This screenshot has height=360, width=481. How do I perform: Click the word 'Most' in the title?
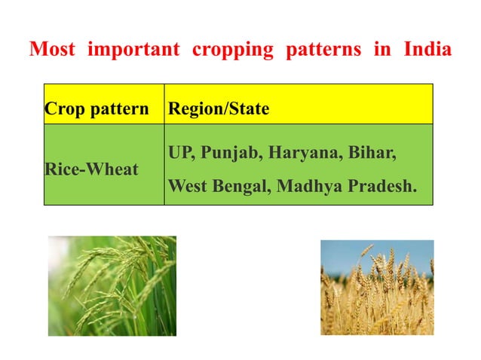click(x=54, y=50)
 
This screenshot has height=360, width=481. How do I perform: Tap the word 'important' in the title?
click(x=133, y=50)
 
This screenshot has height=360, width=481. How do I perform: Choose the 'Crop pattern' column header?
click(x=97, y=108)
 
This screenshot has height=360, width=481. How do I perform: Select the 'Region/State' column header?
click(x=219, y=108)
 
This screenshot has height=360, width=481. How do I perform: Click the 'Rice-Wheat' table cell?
click(x=91, y=169)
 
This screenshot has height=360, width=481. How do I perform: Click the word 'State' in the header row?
click(x=249, y=108)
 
